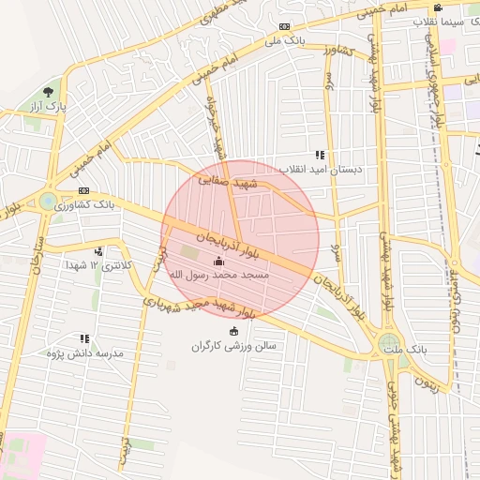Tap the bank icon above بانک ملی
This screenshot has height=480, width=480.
pyautogui.click(x=284, y=26)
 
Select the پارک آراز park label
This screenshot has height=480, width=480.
pyautogui.click(x=49, y=107)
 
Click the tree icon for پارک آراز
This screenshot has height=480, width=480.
pyautogui.click(x=48, y=92)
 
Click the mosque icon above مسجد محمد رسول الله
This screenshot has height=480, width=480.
pyautogui.click(x=219, y=262)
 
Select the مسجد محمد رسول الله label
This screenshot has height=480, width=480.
pyautogui.click(x=219, y=276)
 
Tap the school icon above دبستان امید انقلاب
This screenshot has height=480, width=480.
pyautogui.click(x=320, y=155)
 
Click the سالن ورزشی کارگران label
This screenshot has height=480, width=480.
pyautogui.click(x=234, y=346)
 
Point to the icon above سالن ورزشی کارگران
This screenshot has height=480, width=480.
pyautogui.click(x=233, y=331)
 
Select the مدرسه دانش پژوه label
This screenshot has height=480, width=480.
pyautogui.click(x=86, y=352)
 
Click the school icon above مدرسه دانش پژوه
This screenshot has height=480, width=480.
pyautogui.click(x=85, y=338)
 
